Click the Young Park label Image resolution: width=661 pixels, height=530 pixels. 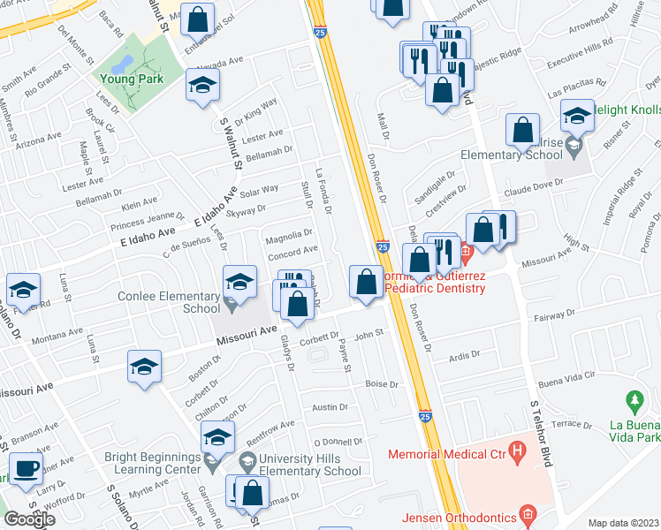[136, 79]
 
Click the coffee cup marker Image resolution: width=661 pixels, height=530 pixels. [26, 468]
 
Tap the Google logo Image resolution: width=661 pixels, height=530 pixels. [29, 519]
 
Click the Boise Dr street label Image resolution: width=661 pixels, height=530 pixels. [382, 384]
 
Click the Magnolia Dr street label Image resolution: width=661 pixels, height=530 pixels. [290, 234]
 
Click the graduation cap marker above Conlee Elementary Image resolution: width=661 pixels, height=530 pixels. [239, 282]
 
